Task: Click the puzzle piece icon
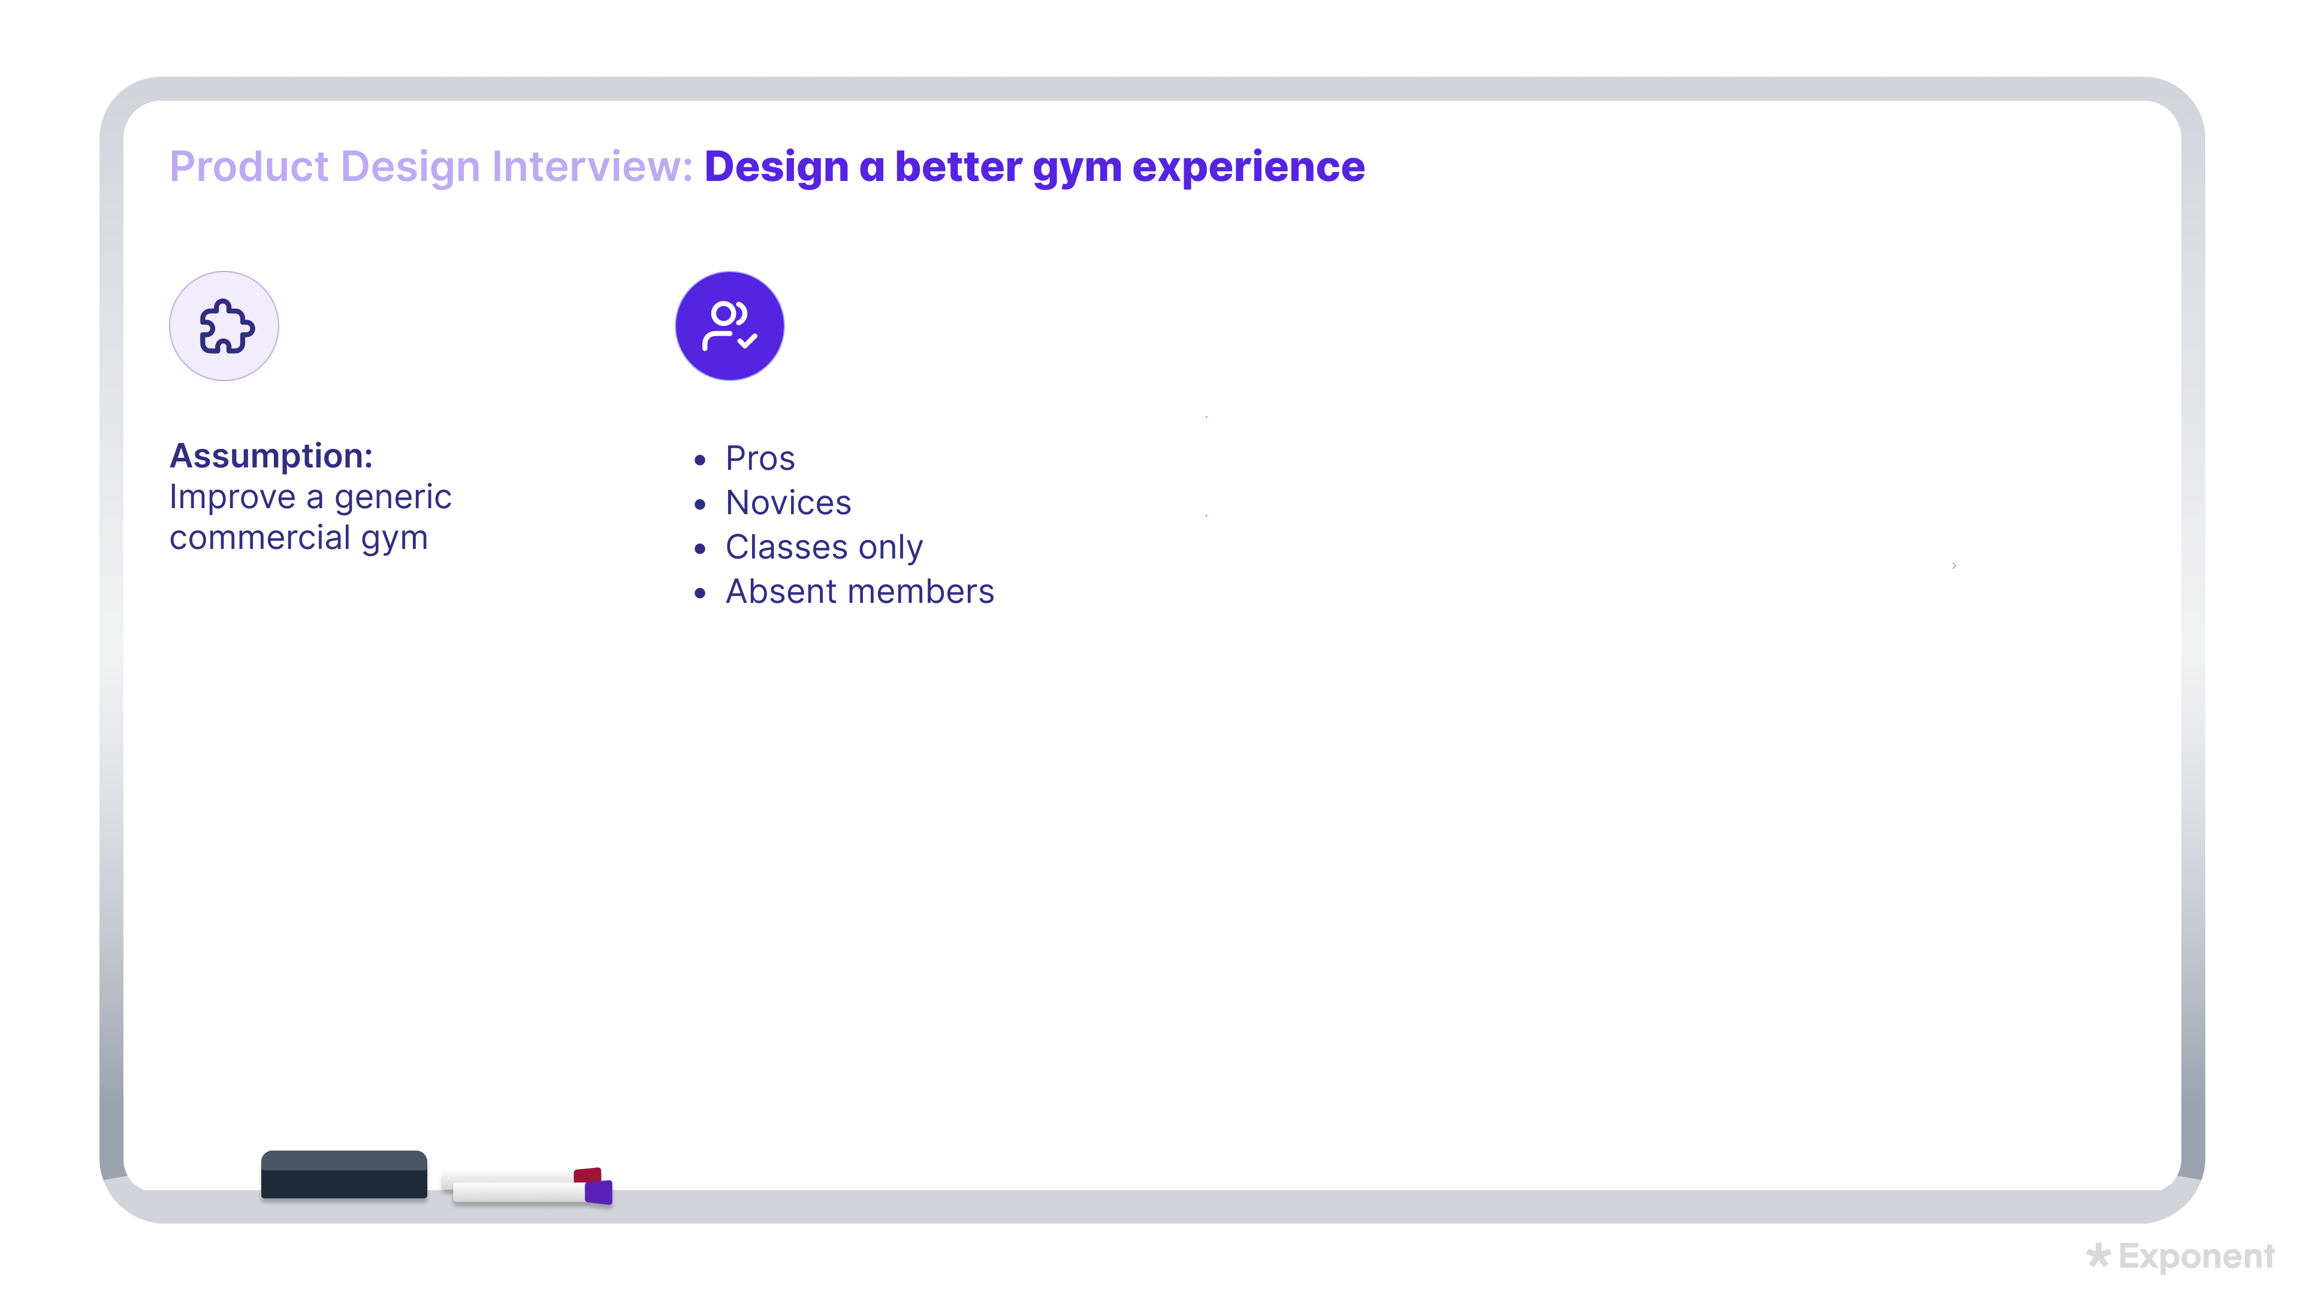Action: [224, 326]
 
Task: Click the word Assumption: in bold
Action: [271, 456]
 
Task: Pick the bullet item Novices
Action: [788, 503]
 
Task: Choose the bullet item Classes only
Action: [824, 548]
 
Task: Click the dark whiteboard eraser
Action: [344, 1175]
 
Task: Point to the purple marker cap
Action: [599, 1192]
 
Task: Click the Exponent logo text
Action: [2196, 1257]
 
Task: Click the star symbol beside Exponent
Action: [2097, 1255]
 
